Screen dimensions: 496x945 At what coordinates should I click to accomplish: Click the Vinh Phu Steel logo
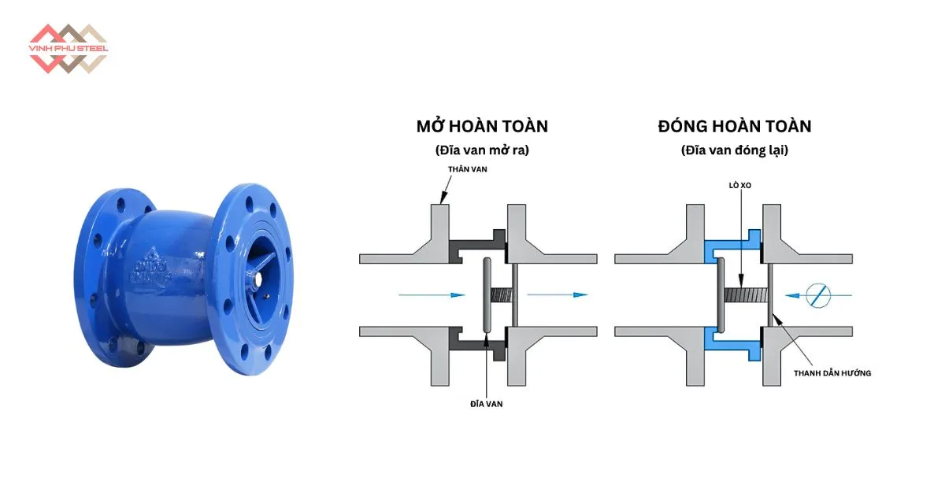pos(68,48)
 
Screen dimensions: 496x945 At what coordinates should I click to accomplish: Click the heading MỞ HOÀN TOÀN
pos(482,126)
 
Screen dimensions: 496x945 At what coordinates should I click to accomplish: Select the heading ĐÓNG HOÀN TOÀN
pos(734,126)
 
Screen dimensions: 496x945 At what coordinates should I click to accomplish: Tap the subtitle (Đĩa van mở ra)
pos(482,150)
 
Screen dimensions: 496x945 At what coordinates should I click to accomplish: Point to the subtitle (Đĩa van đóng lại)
pos(734,150)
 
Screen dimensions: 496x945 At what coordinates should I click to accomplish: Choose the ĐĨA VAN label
pos(486,403)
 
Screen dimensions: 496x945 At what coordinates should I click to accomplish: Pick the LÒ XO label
pos(739,187)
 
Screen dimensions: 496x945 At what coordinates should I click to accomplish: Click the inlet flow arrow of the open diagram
pos(430,295)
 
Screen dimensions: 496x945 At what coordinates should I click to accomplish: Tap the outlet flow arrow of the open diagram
pos(558,295)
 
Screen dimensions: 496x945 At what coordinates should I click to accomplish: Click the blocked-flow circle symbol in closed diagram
pos(821,295)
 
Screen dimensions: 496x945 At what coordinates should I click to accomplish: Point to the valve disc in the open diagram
pos(487,295)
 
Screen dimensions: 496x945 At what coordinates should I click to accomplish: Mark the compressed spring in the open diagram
pos(501,295)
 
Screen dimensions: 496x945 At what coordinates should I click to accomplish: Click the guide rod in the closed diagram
pos(769,295)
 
